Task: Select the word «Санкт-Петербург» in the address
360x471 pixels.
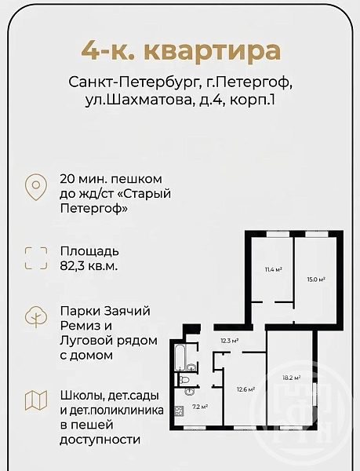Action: tap(133, 82)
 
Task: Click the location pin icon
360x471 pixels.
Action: tap(36, 187)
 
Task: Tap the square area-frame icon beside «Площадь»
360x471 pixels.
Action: tap(36, 258)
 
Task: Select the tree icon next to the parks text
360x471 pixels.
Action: tap(36, 316)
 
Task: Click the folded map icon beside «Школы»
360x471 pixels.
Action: tap(36, 400)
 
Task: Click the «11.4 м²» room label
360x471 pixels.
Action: tap(273, 269)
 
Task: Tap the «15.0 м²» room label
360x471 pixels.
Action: tap(316, 279)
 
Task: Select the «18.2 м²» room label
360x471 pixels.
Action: tap(292, 378)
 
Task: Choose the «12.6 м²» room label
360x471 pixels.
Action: tap(245, 389)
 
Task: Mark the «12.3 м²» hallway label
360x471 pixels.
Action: tap(230, 341)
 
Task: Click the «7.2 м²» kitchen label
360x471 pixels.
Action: tap(200, 407)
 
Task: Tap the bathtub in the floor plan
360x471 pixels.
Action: tap(180, 358)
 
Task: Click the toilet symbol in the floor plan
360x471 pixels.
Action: tap(183, 379)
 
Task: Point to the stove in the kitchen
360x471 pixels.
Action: tap(179, 411)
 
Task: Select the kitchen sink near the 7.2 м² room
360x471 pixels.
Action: tap(190, 391)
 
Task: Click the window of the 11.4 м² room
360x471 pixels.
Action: tap(278, 234)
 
